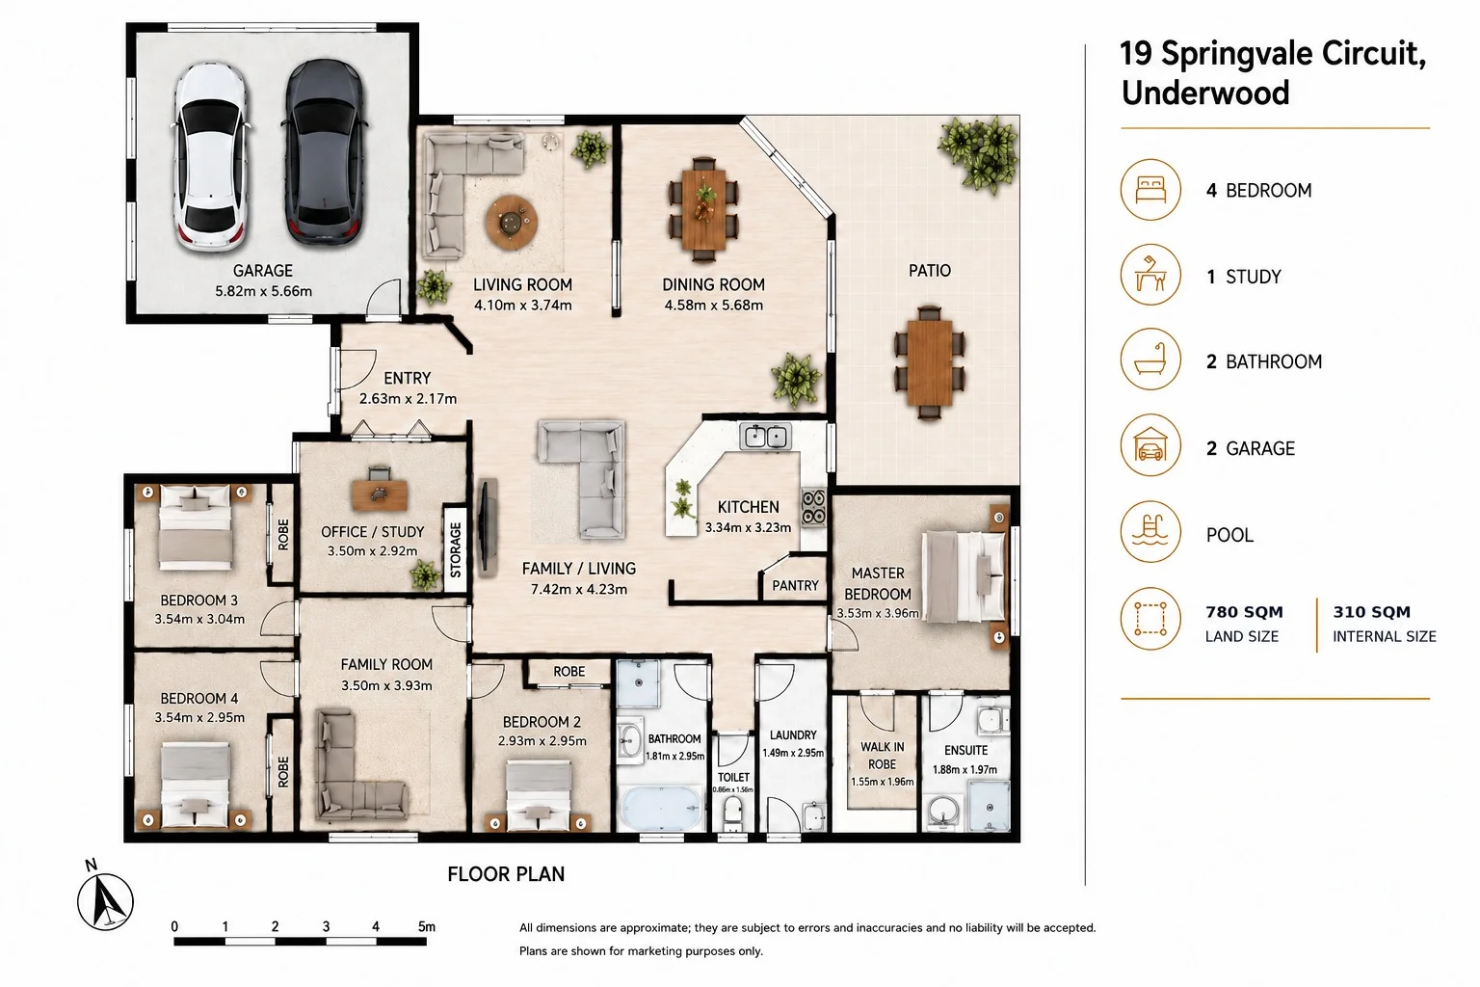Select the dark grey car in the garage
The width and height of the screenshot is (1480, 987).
[x=324, y=152]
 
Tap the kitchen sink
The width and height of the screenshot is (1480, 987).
[x=765, y=437]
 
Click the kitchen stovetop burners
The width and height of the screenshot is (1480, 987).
[x=813, y=506]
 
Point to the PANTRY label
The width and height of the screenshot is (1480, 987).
[x=795, y=586]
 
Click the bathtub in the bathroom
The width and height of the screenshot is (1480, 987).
[x=662, y=807]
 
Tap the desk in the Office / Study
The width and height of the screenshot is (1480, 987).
[x=380, y=494]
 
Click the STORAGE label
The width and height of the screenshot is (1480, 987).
[x=455, y=549]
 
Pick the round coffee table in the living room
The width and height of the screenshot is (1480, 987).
[x=511, y=222]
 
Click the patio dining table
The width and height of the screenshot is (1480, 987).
[x=930, y=361]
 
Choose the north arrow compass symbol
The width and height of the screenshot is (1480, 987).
[x=105, y=901]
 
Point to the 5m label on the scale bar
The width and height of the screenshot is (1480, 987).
[x=427, y=926]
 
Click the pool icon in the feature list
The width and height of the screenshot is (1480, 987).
[x=1150, y=531]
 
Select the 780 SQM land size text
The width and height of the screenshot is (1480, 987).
[x=1244, y=612]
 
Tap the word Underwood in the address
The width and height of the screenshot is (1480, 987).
[x=1205, y=93]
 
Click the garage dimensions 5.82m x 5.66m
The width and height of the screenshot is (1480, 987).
[x=263, y=291]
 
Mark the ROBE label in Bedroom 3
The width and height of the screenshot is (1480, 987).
[x=282, y=534]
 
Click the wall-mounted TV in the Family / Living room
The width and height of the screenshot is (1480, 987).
[x=487, y=526]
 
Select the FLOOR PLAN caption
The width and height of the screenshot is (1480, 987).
[x=506, y=874]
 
